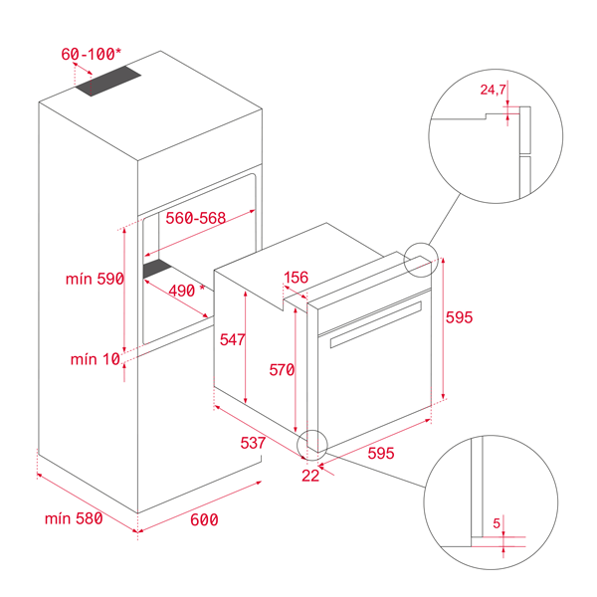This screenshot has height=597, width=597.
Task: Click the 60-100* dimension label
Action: (92, 54)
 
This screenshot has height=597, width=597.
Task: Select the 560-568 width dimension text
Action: (196, 218)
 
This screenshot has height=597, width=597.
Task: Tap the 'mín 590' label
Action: (95, 279)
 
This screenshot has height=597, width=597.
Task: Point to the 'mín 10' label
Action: (96, 359)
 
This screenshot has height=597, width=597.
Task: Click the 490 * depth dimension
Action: (187, 291)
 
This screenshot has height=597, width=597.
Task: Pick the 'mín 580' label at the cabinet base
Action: (74, 518)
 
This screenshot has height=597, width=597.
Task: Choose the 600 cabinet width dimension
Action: (204, 519)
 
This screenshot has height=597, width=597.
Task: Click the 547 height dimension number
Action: (232, 339)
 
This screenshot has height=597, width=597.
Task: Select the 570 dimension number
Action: (282, 370)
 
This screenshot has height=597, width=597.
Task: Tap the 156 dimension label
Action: (297, 278)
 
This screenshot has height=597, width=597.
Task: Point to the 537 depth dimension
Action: (253, 443)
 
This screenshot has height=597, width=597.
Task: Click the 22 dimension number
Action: (310, 476)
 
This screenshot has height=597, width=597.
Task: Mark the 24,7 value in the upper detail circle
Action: (494, 90)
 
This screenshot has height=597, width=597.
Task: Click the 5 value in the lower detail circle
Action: (497, 523)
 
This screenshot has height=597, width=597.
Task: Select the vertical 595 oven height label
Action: (459, 317)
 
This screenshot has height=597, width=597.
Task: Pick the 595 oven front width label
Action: (381, 453)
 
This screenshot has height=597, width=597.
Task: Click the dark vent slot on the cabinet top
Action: (108, 81)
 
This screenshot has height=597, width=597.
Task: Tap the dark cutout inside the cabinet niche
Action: (157, 269)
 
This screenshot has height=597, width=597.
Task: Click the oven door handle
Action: (376, 324)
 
